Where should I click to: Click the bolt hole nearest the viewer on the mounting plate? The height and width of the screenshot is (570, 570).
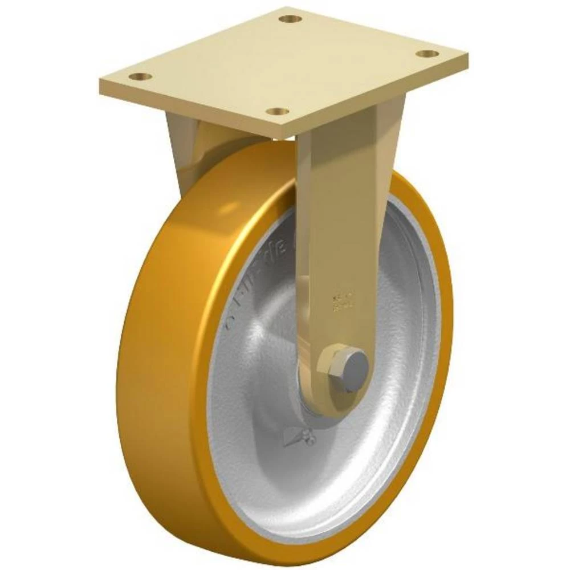(x=279, y=111)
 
